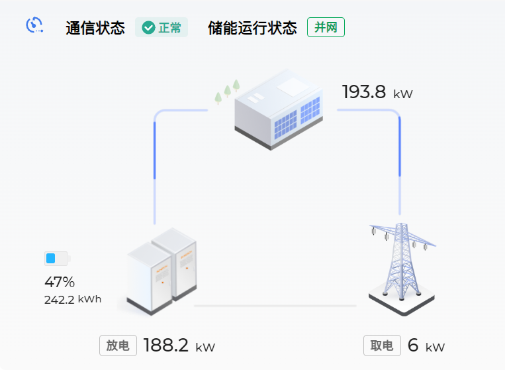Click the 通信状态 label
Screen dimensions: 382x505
[x=95, y=29]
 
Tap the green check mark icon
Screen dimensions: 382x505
[x=148, y=28]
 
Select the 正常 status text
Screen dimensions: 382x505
[x=170, y=29]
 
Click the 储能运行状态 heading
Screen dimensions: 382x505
[x=252, y=29]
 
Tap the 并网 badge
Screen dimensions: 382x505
[x=326, y=28]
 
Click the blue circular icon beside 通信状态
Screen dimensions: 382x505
[x=34, y=25]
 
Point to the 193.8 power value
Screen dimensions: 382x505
[x=363, y=92]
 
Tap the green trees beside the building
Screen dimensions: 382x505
[x=227, y=93]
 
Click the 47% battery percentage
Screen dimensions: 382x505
[x=60, y=282]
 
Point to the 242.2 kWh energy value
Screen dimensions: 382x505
[x=73, y=299]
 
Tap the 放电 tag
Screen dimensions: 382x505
[x=118, y=346]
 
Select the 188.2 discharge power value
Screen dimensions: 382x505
[x=166, y=346]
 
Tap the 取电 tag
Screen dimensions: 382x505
[x=382, y=346]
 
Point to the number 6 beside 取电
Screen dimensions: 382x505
[x=413, y=346]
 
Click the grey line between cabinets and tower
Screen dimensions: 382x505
[x=275, y=306]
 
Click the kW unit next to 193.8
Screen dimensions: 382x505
[x=402, y=94]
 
